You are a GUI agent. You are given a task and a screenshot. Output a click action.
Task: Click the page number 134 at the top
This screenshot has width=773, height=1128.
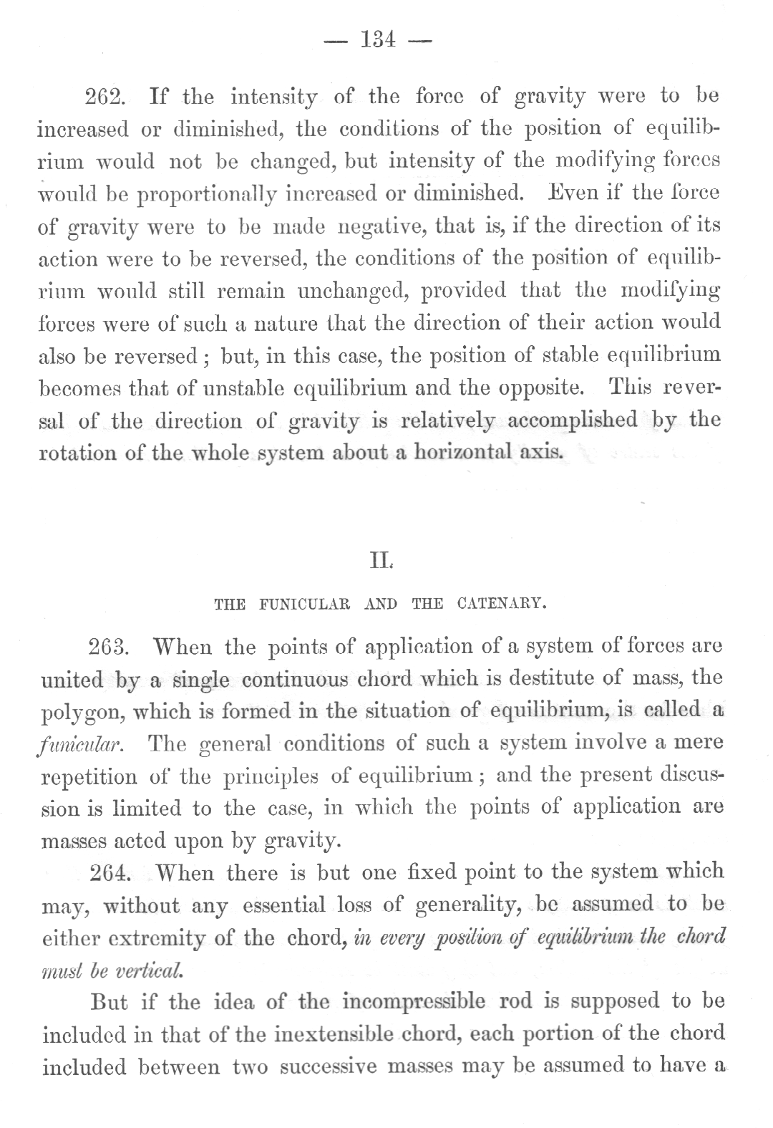[379, 40]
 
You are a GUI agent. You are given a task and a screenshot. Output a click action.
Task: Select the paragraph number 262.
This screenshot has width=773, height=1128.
[107, 97]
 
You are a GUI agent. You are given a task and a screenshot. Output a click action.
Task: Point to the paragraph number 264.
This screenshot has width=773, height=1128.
[110, 873]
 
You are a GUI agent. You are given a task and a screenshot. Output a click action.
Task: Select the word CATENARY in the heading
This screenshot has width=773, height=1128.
[501, 603]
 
